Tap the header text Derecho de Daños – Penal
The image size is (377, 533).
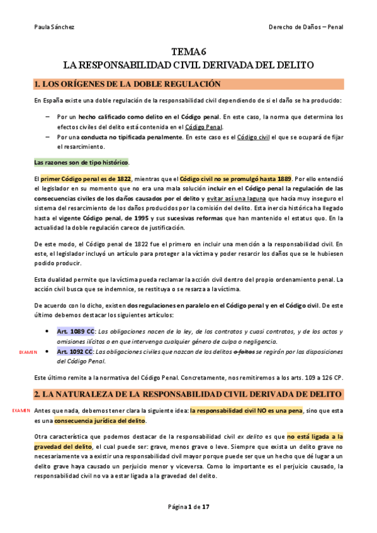pos(305,27)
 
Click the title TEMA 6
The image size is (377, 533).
pos(189,52)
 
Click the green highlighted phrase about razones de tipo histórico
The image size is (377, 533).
pos(81,162)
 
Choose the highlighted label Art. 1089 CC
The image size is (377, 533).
pos(76,331)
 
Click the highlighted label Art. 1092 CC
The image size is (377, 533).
pos(76,351)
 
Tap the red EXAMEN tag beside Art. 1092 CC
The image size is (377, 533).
pos(28,353)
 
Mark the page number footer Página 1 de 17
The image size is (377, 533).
pos(188,507)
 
